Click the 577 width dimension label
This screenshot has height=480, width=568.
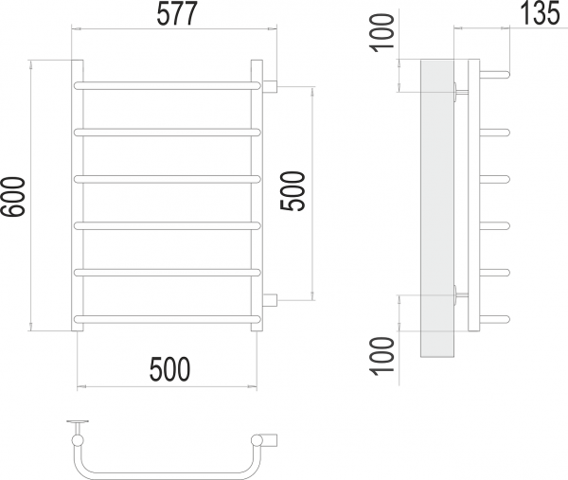[x=177, y=14]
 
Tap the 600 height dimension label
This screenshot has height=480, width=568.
[x=13, y=197]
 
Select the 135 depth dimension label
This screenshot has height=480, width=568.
[x=541, y=13]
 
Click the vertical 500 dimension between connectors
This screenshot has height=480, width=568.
[x=293, y=191]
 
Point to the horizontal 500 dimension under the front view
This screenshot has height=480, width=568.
[x=169, y=369]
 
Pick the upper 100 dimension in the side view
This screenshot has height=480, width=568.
[x=382, y=32]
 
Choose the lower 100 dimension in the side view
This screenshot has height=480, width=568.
[x=382, y=356]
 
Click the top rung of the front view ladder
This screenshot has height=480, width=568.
[x=167, y=86]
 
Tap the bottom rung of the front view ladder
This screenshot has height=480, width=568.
[x=167, y=319]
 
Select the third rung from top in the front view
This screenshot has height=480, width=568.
[x=167, y=179]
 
